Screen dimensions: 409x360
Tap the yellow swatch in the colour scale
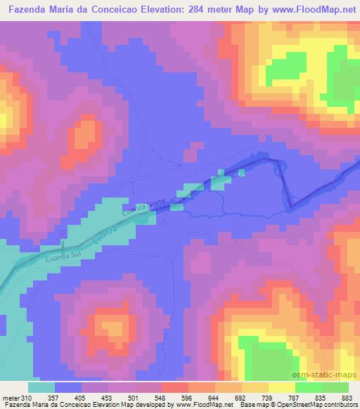(x=281, y=387)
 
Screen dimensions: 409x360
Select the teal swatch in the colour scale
(x=41, y=387)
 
